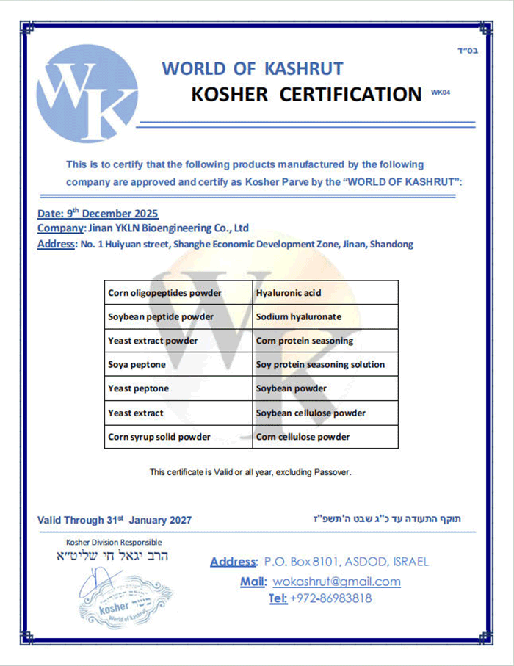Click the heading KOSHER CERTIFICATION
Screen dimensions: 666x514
(x=306, y=94)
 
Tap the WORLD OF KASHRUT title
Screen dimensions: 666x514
(x=252, y=68)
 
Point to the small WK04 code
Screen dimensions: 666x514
(x=440, y=93)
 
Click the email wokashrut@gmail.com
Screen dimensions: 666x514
(x=336, y=582)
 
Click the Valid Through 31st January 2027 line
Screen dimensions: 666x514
(x=115, y=520)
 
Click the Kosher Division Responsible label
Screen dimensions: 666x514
(x=114, y=542)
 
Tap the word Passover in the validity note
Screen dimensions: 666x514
(x=332, y=472)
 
